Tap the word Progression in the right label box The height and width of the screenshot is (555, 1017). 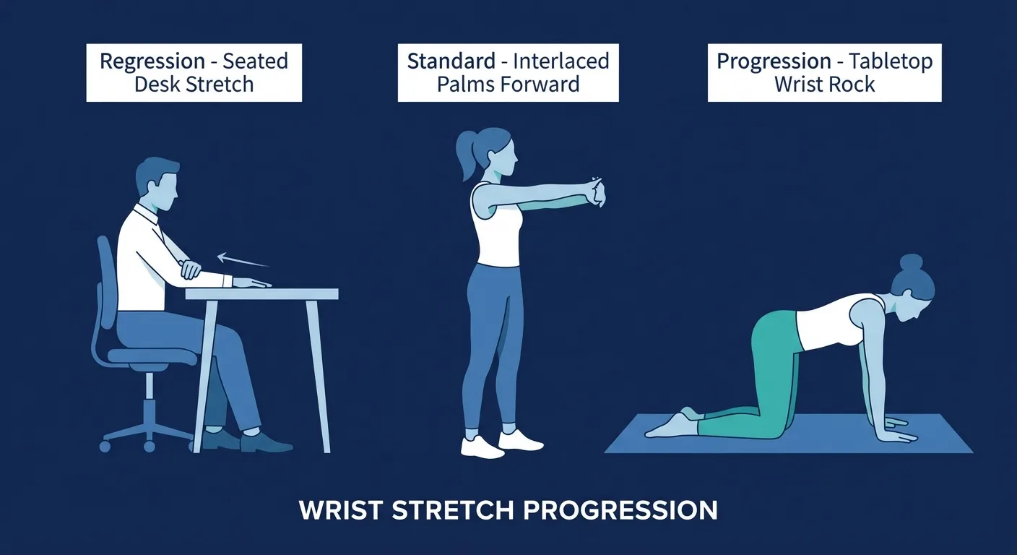coord(774,61)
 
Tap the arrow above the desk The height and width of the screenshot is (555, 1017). coord(242,260)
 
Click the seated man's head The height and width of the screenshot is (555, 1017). coord(157,181)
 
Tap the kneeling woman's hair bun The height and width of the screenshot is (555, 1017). coord(911,263)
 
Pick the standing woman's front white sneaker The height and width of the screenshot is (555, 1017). coord(520,440)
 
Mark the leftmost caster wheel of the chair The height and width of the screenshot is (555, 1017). coord(105,446)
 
